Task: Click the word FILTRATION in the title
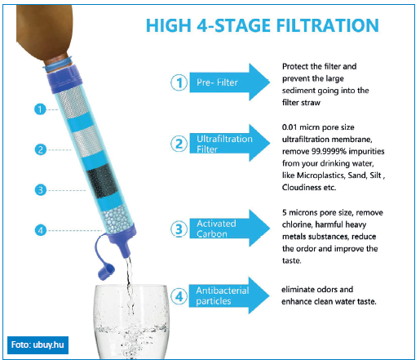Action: [327, 25]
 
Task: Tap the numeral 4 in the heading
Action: [202, 25]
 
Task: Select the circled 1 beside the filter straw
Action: [40, 109]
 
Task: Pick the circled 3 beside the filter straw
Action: [41, 190]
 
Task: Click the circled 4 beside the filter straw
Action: [41, 230]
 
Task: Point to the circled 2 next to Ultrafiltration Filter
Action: [179, 144]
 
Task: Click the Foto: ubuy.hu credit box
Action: [38, 345]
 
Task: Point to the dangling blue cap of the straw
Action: [104, 261]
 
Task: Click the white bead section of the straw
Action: [117, 220]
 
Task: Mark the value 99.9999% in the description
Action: [329, 151]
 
